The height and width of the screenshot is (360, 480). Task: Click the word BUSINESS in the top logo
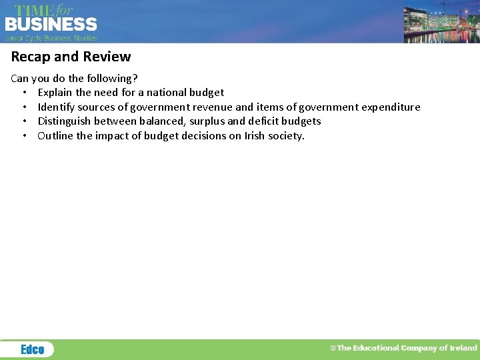tap(51, 25)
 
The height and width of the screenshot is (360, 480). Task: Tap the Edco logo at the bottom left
tap(32, 349)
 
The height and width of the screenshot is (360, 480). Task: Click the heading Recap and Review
tap(71, 57)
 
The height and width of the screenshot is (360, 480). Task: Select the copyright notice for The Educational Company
tap(404, 348)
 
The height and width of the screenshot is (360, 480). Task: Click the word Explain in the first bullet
tap(55, 93)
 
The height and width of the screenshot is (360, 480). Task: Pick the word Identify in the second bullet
tap(57, 107)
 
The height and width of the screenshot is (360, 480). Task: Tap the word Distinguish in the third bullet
tap(66, 121)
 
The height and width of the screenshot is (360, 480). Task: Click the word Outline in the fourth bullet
tap(55, 136)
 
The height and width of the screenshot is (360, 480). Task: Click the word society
tap(287, 136)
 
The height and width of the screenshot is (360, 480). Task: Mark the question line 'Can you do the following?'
tap(75, 78)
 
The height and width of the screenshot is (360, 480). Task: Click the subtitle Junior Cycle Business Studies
tap(51, 38)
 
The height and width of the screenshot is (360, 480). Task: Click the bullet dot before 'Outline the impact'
tap(24, 136)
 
